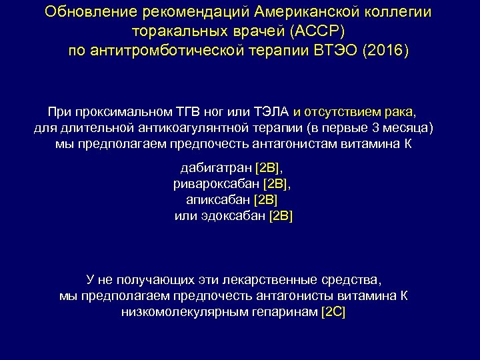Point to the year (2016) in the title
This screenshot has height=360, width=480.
(x=384, y=51)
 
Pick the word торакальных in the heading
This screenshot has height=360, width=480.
(x=171, y=32)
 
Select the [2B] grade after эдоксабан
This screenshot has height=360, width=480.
(x=281, y=215)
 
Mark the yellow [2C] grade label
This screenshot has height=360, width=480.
(x=333, y=311)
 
